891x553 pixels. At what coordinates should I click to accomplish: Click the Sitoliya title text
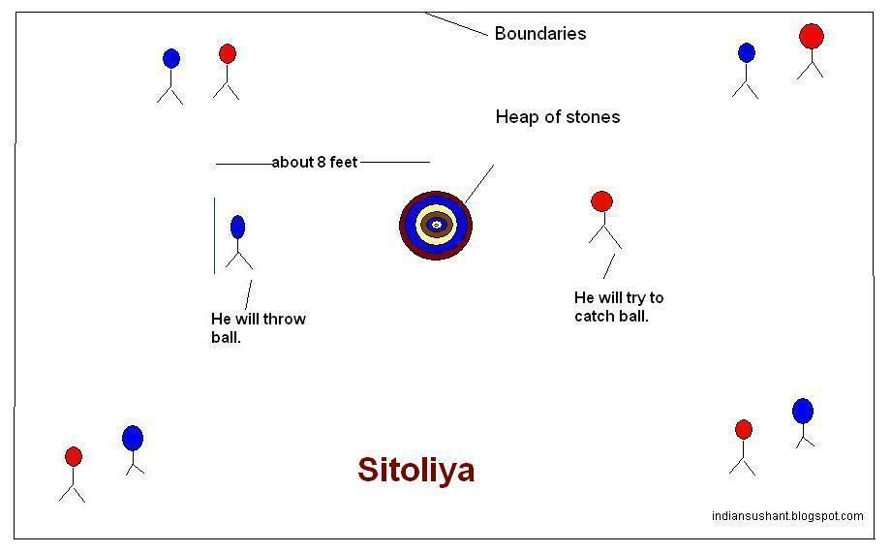[415, 470]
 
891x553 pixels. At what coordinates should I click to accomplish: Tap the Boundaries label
[539, 33]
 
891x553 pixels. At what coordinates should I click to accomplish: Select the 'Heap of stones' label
[557, 117]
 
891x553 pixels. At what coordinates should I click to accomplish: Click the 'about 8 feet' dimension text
[315, 162]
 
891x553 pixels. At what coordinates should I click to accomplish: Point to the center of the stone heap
[436, 225]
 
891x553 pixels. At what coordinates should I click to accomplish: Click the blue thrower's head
[237, 227]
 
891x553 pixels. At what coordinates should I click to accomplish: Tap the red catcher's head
[601, 201]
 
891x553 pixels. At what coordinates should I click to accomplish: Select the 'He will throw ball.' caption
[258, 328]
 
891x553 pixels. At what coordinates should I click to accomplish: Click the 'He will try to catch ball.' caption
[618, 307]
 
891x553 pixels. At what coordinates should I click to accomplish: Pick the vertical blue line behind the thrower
[215, 235]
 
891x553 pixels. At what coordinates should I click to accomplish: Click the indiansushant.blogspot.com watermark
[786, 516]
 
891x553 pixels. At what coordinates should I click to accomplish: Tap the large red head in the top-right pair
[811, 37]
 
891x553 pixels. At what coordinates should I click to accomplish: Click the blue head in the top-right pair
[746, 52]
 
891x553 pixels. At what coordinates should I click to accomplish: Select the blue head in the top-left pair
[171, 59]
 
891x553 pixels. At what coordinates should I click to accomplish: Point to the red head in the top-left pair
[228, 53]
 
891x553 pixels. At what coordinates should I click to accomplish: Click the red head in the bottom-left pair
[74, 456]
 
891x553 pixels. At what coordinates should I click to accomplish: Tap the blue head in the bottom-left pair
[133, 438]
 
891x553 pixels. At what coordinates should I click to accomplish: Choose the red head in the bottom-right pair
[744, 429]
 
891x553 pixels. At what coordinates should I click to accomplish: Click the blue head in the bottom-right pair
[803, 411]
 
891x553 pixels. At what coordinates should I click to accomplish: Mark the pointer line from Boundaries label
[456, 24]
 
